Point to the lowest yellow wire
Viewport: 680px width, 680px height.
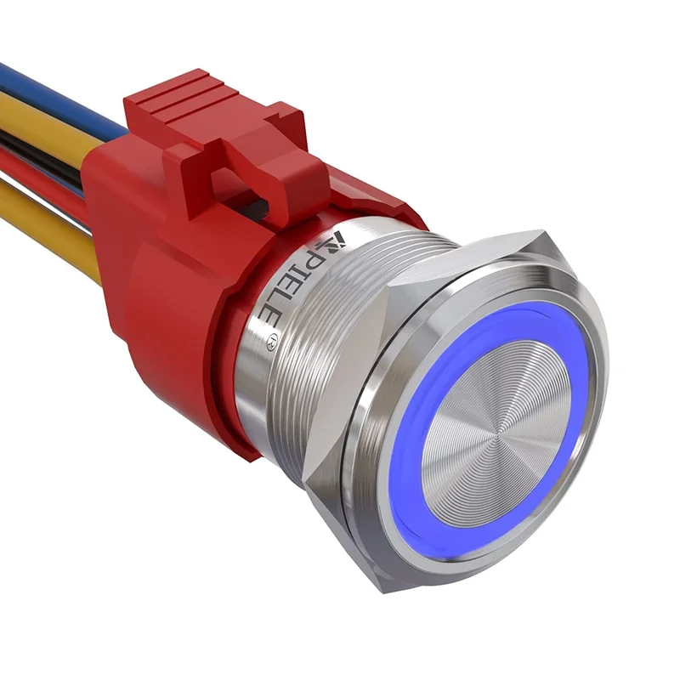pyautogui.click(x=48, y=217)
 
